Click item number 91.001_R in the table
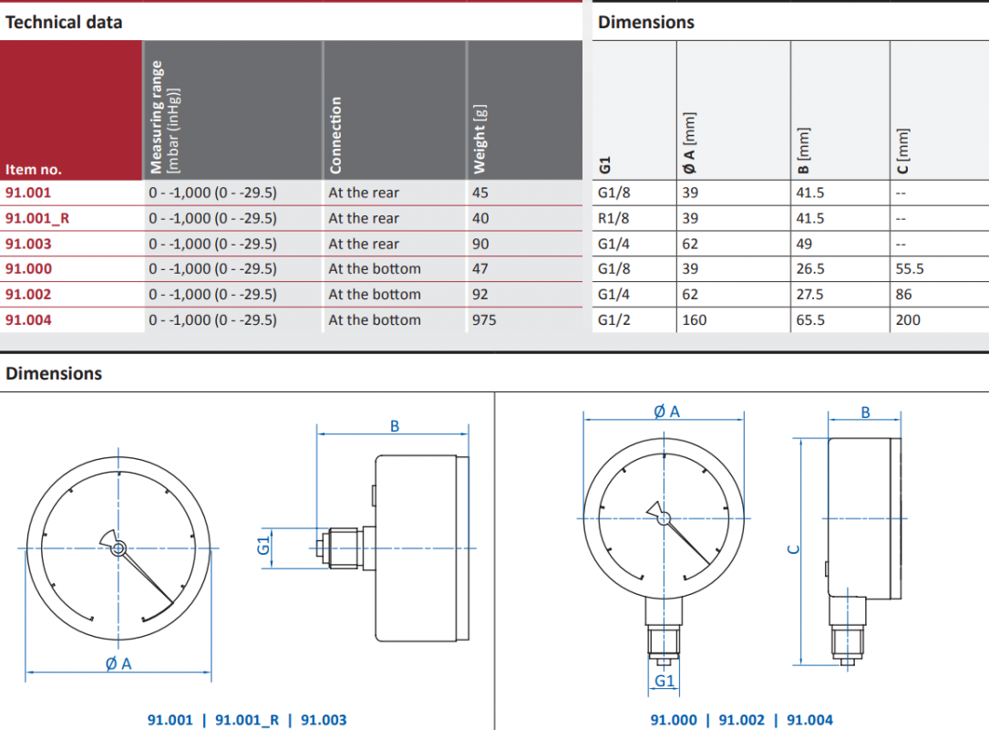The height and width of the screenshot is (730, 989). pos(37,218)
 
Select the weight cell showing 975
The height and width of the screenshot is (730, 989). pos(484,320)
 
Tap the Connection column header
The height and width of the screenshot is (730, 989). pos(335,135)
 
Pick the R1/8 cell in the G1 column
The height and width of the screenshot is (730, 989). pos(613,218)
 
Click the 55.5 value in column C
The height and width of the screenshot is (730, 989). pos(910,269)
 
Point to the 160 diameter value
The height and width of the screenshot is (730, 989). pos(694,320)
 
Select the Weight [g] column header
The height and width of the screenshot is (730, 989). pos(479,139)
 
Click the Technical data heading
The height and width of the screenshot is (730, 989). pos(64,22)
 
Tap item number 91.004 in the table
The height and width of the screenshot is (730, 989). pos(28,320)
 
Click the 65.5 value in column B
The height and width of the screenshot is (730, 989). pos(809,320)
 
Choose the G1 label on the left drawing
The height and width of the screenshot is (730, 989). pos(263,545)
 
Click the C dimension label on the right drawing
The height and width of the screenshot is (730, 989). pos(794,550)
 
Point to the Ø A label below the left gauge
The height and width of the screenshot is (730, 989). pos(118,663)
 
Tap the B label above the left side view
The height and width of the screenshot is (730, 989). pos(395,426)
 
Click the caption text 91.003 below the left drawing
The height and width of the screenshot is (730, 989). pos(324,720)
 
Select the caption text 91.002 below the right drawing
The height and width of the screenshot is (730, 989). pos(742,720)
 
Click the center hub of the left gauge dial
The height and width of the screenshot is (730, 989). pos(118,548)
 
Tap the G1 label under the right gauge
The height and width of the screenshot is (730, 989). pos(664,681)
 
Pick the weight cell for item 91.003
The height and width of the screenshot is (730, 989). pos(480,244)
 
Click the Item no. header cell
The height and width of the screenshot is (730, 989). pos(34,169)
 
